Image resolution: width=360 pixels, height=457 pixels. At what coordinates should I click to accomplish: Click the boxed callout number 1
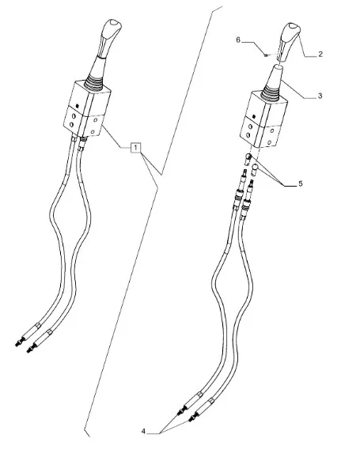coord(135,148)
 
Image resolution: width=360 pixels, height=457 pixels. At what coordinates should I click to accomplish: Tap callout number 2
coord(320,54)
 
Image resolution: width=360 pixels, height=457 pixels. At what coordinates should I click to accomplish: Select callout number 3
coord(320,96)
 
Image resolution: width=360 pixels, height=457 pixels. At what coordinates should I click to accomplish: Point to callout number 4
coord(143,431)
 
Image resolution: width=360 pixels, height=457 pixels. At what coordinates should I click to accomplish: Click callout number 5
coord(301,183)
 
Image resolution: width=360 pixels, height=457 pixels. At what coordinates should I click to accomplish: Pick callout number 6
coord(238,40)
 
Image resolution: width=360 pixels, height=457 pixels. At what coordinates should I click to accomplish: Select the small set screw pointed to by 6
coord(266,55)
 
